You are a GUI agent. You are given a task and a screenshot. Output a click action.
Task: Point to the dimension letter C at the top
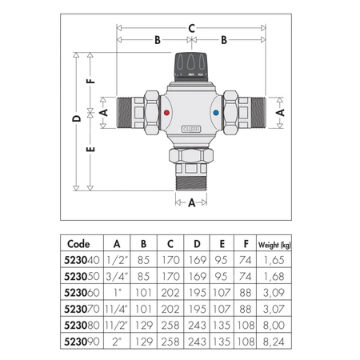(191, 27)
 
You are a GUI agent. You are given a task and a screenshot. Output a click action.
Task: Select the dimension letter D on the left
(74, 118)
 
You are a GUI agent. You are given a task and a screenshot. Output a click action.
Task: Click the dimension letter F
(92, 80)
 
